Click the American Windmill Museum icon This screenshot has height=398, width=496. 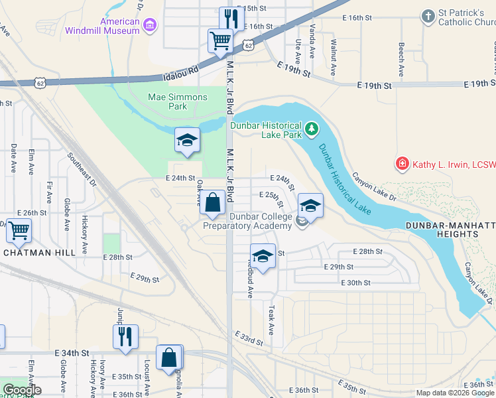point(151,26)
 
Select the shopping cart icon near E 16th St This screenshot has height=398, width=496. point(219,40)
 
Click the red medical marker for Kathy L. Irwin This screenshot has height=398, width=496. point(401,163)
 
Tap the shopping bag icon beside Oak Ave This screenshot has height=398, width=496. point(212,203)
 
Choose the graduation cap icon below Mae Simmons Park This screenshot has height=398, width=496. point(188,140)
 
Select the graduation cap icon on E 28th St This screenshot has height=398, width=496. point(263,256)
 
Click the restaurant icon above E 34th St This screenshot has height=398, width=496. point(125,336)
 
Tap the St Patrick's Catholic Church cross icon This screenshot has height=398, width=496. point(429,15)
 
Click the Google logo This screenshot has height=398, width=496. point(22,390)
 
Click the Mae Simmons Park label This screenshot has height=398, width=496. point(177,101)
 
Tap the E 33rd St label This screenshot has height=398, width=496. point(249,339)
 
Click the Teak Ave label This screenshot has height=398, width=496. point(271,320)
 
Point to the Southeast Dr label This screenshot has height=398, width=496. point(82,170)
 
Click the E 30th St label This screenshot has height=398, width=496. point(354,283)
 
